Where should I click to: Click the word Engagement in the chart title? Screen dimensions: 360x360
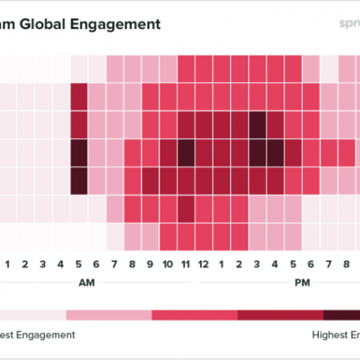[114, 24]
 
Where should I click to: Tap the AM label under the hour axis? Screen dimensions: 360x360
[87, 282]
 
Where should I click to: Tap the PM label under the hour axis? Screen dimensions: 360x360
[303, 282]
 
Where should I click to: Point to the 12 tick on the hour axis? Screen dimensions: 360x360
[204, 262]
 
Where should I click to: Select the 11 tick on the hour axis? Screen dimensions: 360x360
[186, 262]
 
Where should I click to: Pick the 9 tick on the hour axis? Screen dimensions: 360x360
[150, 262]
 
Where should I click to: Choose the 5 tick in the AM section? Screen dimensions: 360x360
[78, 262]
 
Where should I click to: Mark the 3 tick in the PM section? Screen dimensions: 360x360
[258, 262]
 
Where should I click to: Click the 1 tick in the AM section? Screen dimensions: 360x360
[7, 262]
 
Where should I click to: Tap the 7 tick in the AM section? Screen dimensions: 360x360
[114, 262]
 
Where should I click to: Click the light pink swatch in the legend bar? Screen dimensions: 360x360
[108, 315]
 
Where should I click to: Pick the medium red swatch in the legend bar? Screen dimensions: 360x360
[194, 315]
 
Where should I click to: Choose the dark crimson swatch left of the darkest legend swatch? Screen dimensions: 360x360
[281, 315]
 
